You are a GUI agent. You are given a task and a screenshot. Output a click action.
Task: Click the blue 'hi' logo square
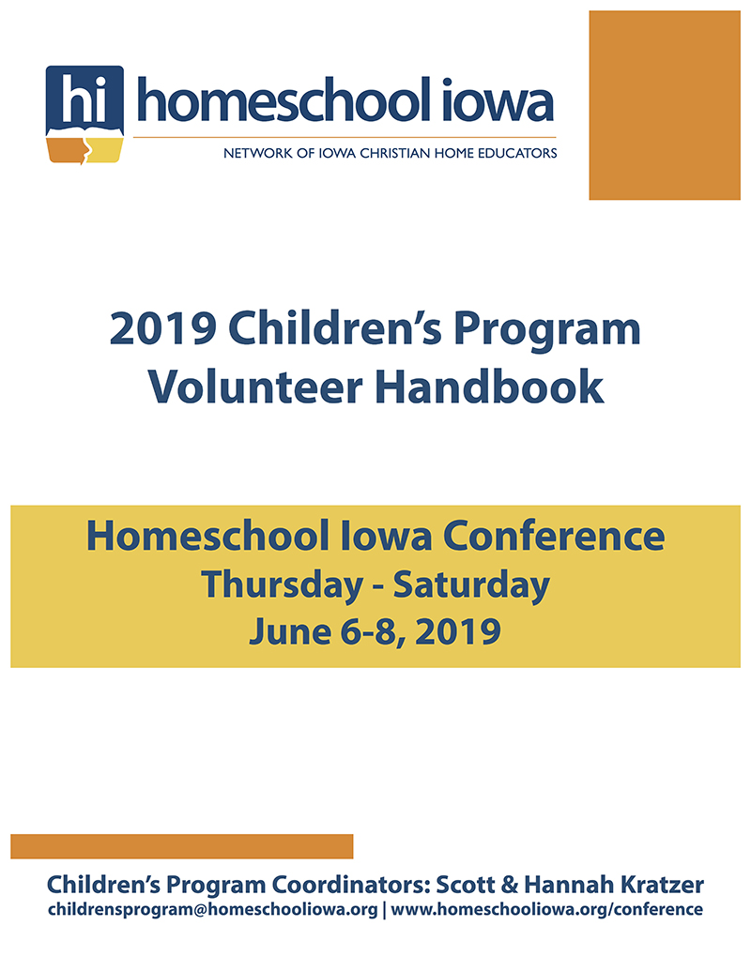[84, 99]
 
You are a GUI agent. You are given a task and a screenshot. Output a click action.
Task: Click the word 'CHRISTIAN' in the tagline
[394, 153]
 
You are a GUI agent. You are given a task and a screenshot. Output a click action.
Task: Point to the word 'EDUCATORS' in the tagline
[521, 153]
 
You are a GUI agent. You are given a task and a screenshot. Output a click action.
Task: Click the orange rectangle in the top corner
[665, 105]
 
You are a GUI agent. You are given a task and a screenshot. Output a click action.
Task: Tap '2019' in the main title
[163, 328]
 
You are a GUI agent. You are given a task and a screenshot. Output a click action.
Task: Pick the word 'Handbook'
[489, 387]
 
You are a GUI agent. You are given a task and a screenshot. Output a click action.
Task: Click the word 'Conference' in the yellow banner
[554, 536]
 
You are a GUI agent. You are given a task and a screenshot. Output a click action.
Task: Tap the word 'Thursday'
[282, 585]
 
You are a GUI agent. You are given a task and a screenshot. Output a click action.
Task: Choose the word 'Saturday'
[471, 585]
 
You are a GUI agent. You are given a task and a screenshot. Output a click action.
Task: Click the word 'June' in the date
[290, 632]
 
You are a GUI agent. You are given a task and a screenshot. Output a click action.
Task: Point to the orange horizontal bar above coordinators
[181, 846]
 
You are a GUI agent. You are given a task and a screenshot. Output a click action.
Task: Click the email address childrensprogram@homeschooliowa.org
[212, 910]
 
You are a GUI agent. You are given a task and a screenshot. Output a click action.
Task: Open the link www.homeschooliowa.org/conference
[547, 909]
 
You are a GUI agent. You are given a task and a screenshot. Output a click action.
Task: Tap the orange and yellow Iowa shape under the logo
[84, 150]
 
